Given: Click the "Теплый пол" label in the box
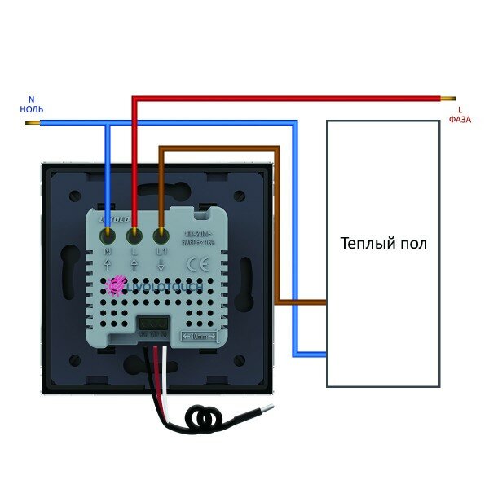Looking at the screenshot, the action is pos(383,244).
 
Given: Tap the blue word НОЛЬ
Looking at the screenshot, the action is pos(33,108).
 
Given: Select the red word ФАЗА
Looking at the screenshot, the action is pos(460,120).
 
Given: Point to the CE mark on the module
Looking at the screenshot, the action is pos(198,264).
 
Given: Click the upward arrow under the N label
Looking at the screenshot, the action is pos(108,266).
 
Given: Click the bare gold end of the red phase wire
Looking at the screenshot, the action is pos(447,98).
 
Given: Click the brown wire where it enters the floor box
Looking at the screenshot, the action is pos(324,302).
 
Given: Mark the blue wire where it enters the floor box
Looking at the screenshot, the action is pos(324,354).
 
